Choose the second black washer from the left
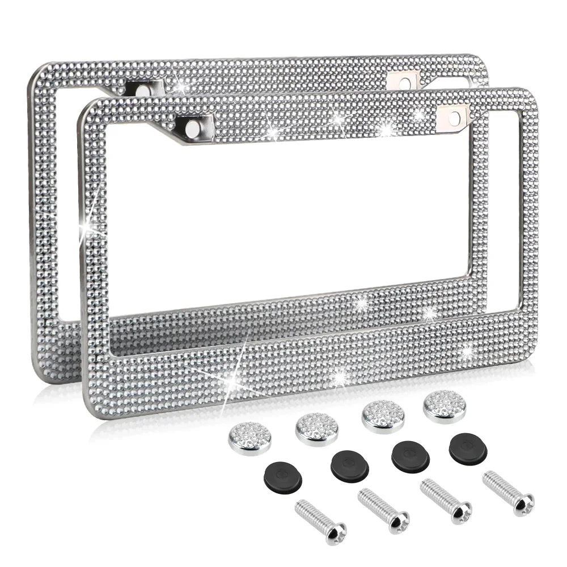pyautogui.click(x=349, y=466)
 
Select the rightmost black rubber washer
pyautogui.click(x=468, y=448)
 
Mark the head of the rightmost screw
pyautogui.click(x=524, y=502)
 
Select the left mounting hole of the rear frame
pyautogui.click(x=141, y=90)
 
